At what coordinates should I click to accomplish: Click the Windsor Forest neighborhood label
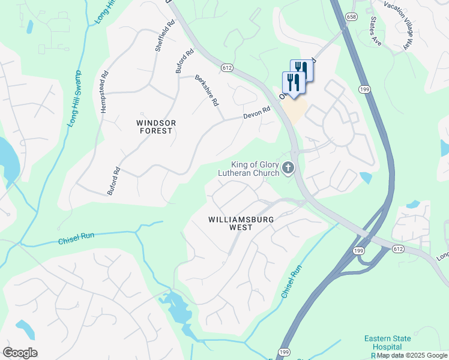coord(156,127)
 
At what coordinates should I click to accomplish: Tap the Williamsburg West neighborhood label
coord(241,224)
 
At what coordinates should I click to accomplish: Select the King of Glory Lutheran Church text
coord(256,169)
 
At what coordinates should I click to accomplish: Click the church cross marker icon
coord(288,169)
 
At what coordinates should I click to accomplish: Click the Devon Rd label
coord(257,112)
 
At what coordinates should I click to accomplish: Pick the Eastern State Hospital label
coord(387,343)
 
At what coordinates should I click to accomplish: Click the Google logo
coord(20,352)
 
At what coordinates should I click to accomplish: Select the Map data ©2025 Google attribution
coord(412,355)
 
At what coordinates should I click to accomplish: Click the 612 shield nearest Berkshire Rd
coord(226,68)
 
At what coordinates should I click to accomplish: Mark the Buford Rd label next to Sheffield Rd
coord(185,61)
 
